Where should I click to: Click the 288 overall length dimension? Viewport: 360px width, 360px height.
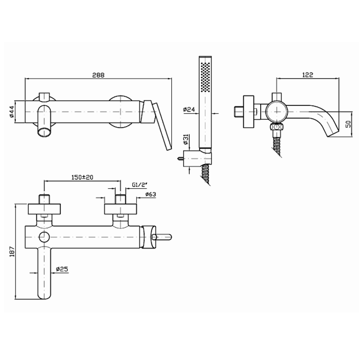[98, 75]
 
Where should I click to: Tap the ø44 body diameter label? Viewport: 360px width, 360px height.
[12, 112]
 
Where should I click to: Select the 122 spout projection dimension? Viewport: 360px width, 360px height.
[308, 75]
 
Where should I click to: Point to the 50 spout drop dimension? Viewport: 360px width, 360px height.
[348, 124]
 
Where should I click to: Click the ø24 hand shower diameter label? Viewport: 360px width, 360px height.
[189, 110]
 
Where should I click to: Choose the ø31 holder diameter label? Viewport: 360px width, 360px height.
[186, 139]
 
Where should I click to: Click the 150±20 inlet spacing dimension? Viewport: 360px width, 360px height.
[82, 177]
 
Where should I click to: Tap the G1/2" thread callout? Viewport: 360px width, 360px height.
[139, 185]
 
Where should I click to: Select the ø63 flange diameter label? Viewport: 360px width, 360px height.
[151, 194]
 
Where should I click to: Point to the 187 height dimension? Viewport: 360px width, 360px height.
[12, 251]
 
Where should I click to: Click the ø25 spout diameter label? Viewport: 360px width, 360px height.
[62, 269]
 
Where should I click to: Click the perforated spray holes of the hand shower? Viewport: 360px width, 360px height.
[205, 77]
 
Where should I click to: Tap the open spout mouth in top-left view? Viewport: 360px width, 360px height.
[45, 133]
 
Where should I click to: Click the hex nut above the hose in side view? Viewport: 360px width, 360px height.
[277, 127]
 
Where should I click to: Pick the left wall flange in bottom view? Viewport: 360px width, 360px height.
[44, 209]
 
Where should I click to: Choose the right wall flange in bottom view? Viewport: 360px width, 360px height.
[120, 209]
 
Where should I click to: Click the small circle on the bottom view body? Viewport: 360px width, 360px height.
[44, 237]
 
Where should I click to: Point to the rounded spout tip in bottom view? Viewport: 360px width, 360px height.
[44, 296]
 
